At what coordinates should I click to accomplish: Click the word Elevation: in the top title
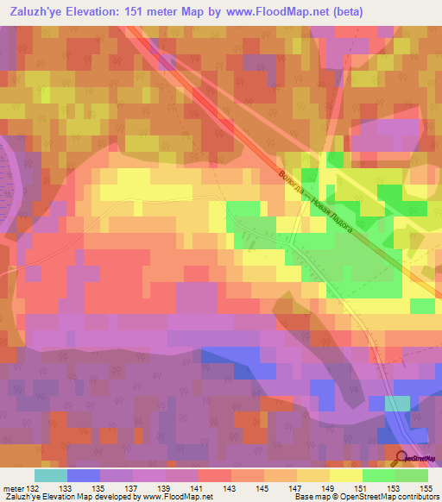103,11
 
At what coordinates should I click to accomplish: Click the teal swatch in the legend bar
50,475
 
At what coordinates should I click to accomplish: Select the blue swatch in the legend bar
83,475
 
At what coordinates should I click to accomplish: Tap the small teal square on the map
396,403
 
